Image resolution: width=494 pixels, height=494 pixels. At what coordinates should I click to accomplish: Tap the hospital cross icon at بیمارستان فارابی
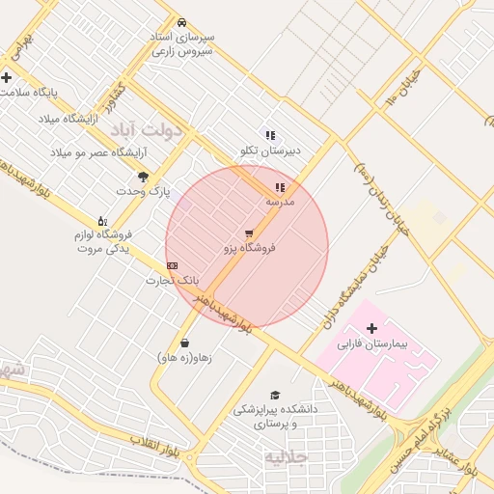(x=372, y=329)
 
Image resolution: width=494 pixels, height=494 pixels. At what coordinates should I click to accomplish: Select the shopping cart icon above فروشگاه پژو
(x=249, y=233)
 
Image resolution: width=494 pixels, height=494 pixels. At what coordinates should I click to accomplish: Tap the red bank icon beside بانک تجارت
(x=173, y=264)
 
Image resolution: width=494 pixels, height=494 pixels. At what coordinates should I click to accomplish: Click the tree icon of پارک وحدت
(x=143, y=177)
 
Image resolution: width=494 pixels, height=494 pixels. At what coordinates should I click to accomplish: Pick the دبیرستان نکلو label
(x=271, y=151)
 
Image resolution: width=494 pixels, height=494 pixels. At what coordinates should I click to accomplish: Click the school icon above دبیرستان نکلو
(x=270, y=135)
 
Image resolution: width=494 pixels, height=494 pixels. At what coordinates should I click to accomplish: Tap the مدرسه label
(x=280, y=203)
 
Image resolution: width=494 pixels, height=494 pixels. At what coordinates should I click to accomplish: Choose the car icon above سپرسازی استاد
(x=181, y=22)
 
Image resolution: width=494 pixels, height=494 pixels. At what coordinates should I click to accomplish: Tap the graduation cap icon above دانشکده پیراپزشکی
(x=275, y=395)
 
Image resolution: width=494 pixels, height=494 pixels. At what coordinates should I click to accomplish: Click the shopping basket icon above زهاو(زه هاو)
(x=183, y=343)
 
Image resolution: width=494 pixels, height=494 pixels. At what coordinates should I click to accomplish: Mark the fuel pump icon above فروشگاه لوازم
(x=102, y=221)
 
